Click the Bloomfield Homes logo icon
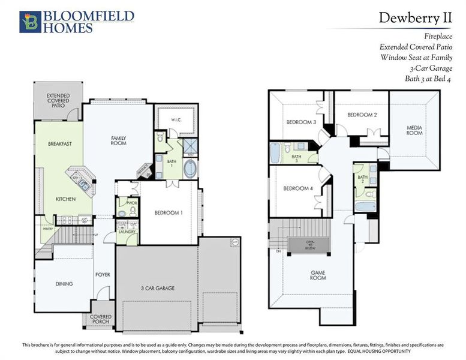(29, 22)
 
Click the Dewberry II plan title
(414, 17)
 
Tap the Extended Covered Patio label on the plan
(58, 100)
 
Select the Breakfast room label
(60, 144)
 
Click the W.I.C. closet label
(176, 119)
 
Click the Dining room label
(64, 284)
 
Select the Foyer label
(103, 274)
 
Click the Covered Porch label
(100, 319)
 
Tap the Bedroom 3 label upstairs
(301, 122)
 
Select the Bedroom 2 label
(362, 115)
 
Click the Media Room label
(414, 130)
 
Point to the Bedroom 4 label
(298, 189)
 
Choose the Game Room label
(318, 275)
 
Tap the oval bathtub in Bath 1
(190, 168)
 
